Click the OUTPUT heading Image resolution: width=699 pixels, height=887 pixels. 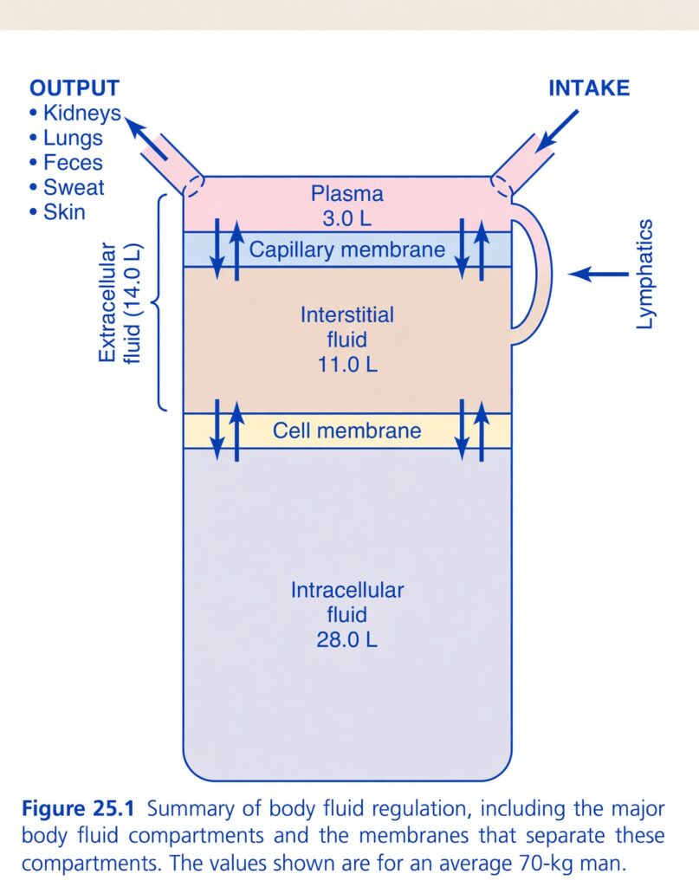tap(74, 88)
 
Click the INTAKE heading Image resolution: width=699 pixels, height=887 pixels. tap(589, 88)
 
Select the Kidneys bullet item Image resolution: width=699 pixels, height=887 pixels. tap(75, 113)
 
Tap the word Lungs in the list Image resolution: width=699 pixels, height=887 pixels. tap(73, 138)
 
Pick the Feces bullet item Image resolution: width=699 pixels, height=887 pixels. tap(66, 163)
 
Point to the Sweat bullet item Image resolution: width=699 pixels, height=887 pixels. tap(68, 187)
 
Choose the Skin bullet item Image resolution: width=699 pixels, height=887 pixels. tap(58, 212)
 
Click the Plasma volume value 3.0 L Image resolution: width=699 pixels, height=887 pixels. tap(346, 219)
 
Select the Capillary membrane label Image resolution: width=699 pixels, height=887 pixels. tap(346, 250)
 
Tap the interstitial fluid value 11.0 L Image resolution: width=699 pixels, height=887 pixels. tap(346, 365)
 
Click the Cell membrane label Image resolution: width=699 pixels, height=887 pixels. tap(346, 431)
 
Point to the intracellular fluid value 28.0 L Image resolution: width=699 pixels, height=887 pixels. tap(346, 640)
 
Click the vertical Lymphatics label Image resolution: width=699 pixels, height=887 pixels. tap(644, 274)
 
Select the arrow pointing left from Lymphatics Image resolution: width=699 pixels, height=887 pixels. tap(599, 274)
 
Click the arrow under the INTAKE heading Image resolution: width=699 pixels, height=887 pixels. tap(556, 131)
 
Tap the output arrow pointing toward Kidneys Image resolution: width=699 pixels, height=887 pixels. tap(146, 139)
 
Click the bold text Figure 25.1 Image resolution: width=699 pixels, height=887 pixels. tap(78, 809)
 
